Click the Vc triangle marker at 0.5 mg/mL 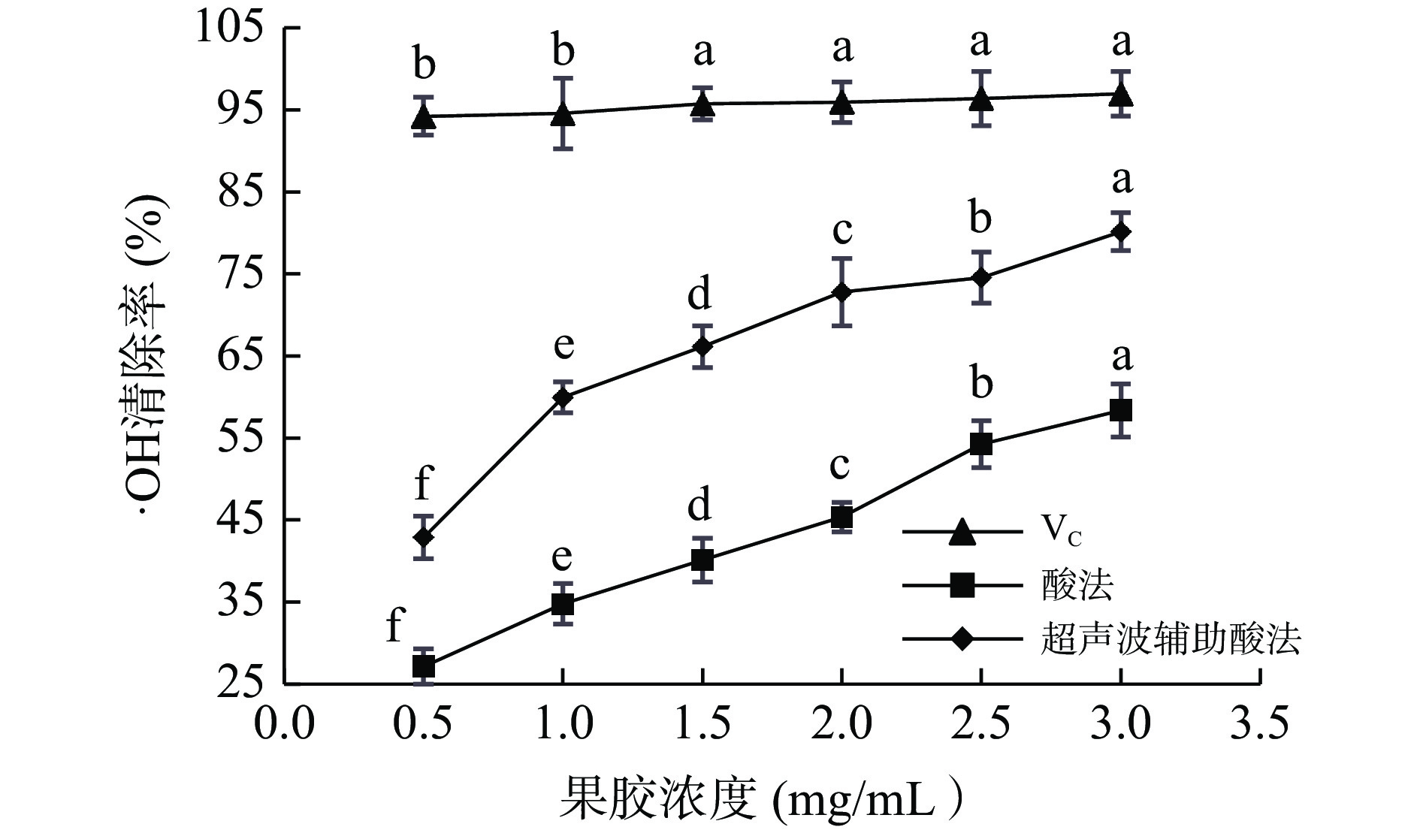(x=424, y=117)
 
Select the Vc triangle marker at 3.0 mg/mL (x=1120, y=95)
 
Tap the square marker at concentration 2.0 (x=841, y=517)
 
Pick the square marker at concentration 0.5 (x=424, y=666)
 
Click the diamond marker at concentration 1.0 (x=563, y=397)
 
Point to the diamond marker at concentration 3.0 (x=1120, y=232)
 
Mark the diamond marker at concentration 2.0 (x=841, y=291)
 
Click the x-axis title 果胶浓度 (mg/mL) (x=759, y=799)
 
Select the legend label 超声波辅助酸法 (x=1171, y=640)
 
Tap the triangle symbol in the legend (x=962, y=532)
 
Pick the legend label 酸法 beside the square (x=1077, y=585)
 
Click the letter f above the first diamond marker (x=424, y=482)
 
